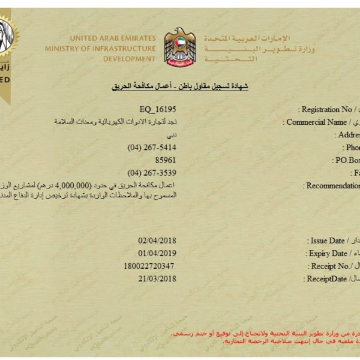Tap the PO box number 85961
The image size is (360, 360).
pos(166,160)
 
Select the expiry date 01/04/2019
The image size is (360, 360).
pos(157,253)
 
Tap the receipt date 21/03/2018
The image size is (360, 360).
pos(157,278)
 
